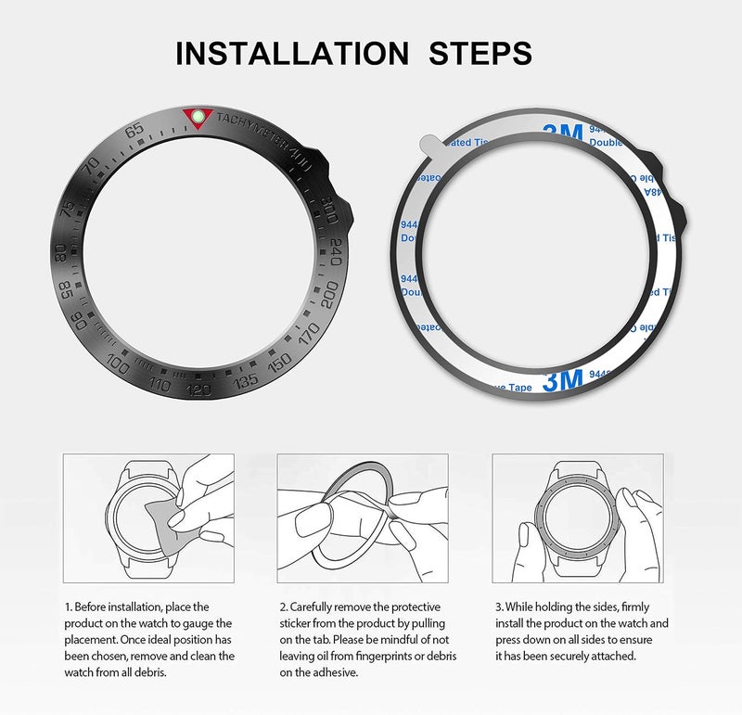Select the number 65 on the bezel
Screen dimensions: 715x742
[x=136, y=131]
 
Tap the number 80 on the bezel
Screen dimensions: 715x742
[x=62, y=251]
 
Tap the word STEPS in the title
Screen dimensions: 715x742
[x=480, y=53]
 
